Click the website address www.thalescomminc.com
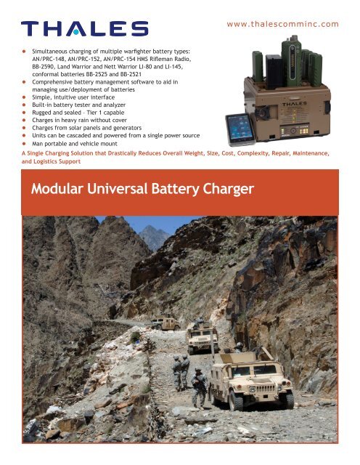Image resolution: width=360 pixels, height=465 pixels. [x=282, y=24]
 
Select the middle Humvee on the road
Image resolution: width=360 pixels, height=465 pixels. [x=202, y=337]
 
